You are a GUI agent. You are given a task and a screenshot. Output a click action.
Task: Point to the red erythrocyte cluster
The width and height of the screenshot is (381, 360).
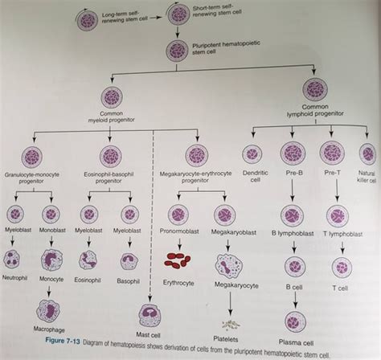pos(178,260)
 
